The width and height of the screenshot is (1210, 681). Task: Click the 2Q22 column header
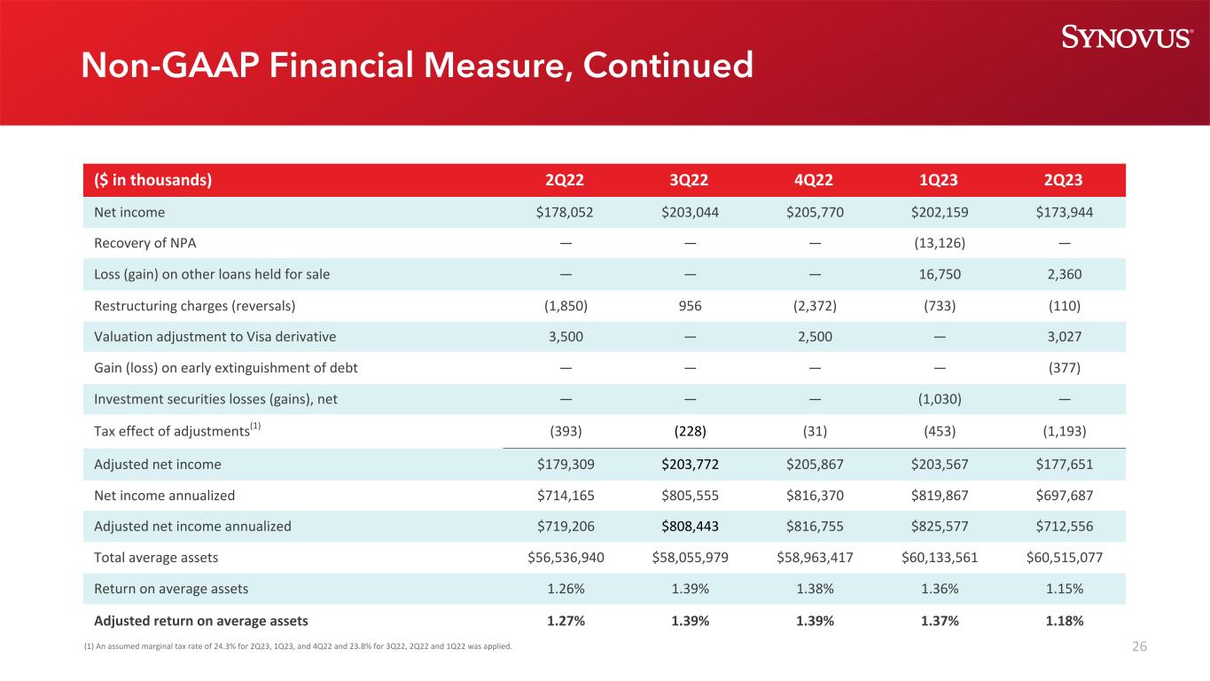coord(566,180)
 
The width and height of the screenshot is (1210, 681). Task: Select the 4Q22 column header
coord(815,180)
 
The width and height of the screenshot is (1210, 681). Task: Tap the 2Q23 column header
coord(1064,180)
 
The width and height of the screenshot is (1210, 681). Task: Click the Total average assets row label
coord(156,557)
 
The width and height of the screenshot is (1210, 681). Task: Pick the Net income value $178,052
coord(566,212)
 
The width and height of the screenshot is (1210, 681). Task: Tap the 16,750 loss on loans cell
coord(940,274)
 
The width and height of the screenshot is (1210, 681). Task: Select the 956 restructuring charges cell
coord(690,305)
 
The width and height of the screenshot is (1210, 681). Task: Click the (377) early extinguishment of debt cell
coord(1064,367)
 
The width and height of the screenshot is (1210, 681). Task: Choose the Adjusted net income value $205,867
coord(815,464)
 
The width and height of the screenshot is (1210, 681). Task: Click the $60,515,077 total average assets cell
coord(1064,557)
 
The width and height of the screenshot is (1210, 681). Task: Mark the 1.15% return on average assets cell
coord(1064,588)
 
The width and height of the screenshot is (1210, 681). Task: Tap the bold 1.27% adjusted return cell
coord(566,621)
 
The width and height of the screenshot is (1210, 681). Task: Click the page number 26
coord(1139,646)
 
